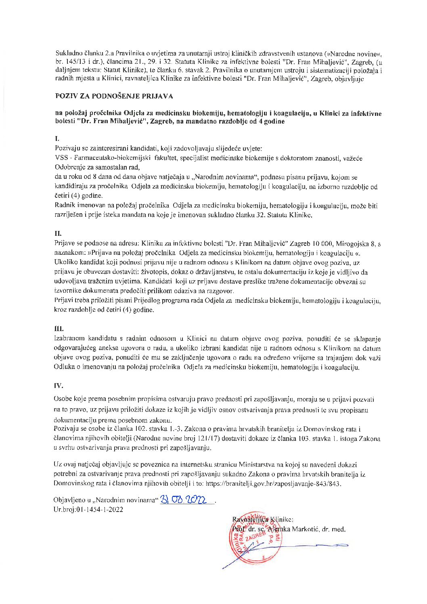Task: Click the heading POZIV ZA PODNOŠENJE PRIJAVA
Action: (x=114, y=96)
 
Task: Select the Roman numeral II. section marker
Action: (x=58, y=233)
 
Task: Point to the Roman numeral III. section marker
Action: (x=59, y=329)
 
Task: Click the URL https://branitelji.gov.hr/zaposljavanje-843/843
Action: (x=274, y=483)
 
